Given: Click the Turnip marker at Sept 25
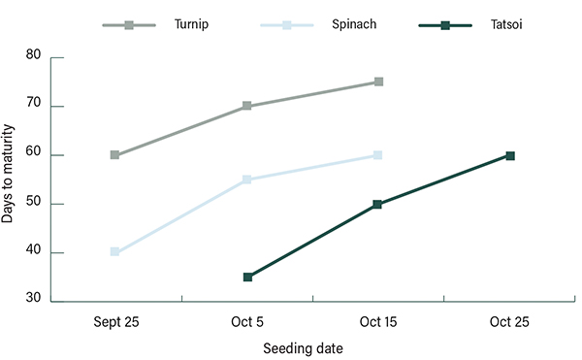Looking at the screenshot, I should click(x=114, y=155).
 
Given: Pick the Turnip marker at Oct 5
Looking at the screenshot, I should click(x=247, y=106).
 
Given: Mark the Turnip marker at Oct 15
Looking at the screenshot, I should click(x=378, y=82).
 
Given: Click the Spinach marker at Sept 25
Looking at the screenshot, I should click(x=114, y=252).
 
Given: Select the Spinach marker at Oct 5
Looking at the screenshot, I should click(x=247, y=180).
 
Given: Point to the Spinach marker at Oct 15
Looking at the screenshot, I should click(x=378, y=155).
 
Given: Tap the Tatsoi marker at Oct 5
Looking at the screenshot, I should click(x=247, y=278).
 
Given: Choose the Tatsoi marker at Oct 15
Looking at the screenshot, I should click(x=378, y=205).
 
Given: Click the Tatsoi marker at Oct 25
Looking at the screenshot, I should click(x=510, y=155).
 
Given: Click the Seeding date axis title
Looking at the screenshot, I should click(x=304, y=347).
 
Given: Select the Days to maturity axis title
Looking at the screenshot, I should click(x=9, y=174).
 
